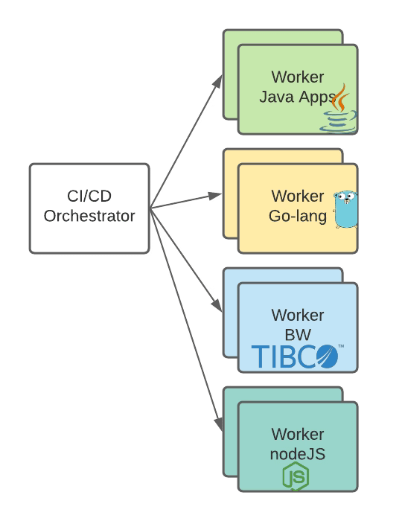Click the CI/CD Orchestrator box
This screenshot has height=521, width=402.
89,208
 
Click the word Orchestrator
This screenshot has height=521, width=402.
89,217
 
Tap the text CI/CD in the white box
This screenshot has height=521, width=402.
89,197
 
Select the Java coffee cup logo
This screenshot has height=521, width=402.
339,109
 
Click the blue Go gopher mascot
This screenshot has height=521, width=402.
343,209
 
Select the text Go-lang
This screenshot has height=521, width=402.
297,216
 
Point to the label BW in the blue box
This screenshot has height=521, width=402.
297,334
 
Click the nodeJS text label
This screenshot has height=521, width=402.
297,454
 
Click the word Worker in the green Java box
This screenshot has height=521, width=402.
297,77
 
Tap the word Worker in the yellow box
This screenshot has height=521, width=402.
297,196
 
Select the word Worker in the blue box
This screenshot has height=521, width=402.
297,315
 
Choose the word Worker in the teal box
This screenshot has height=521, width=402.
297,434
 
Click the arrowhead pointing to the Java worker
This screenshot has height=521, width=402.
218,80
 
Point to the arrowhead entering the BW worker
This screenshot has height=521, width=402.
217,307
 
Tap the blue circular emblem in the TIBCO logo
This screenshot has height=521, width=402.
322,357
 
